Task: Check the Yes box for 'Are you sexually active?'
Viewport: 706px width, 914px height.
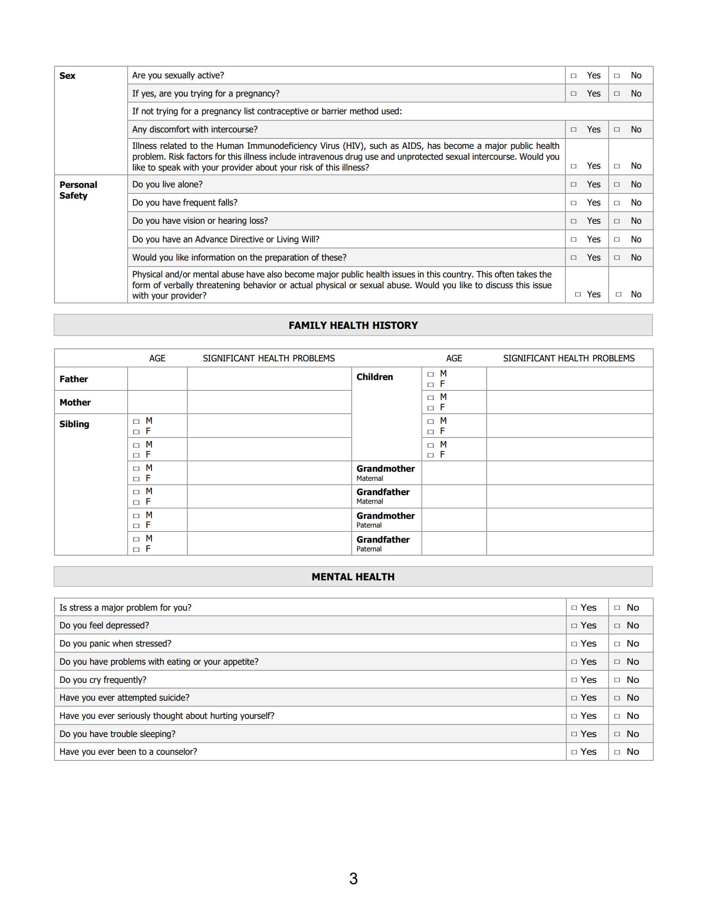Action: [574, 76]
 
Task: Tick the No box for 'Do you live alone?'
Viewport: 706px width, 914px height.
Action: [617, 185]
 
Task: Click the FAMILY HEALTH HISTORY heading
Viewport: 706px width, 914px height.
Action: [353, 325]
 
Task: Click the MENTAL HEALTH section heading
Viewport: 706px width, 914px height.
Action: [353, 577]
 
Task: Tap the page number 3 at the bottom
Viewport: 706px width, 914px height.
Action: [353, 879]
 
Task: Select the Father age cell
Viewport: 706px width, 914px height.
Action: [157, 379]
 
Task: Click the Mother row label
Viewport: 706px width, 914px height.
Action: [75, 402]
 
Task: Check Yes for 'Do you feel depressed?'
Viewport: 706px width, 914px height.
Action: [574, 626]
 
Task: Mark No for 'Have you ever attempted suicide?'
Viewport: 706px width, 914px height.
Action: [617, 698]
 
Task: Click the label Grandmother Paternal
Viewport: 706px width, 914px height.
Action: [385, 520]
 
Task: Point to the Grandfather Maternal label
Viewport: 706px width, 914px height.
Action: [383, 496]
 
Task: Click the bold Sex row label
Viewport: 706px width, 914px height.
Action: [67, 76]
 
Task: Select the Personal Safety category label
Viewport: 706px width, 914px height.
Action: [78, 190]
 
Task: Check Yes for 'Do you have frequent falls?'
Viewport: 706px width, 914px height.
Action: [574, 203]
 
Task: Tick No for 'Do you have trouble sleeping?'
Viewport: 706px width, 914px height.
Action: [617, 734]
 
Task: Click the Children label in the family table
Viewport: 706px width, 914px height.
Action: [375, 377]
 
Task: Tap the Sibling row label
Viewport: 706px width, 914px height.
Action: [74, 424]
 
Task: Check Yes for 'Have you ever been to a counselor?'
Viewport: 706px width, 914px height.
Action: [574, 752]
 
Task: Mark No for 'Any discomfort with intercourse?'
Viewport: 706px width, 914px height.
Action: [617, 130]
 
